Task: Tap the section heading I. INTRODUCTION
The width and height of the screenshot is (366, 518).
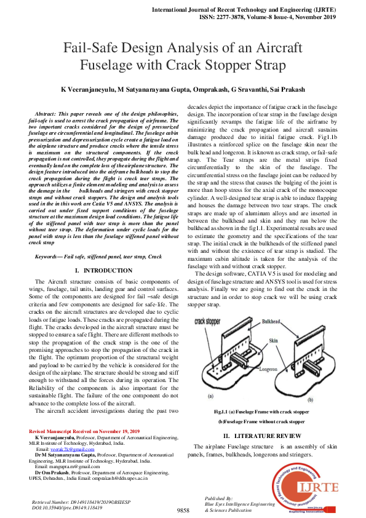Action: (103, 270)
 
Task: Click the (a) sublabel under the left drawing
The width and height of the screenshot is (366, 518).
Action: (211, 396)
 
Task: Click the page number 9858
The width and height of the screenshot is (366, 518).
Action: (183, 510)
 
